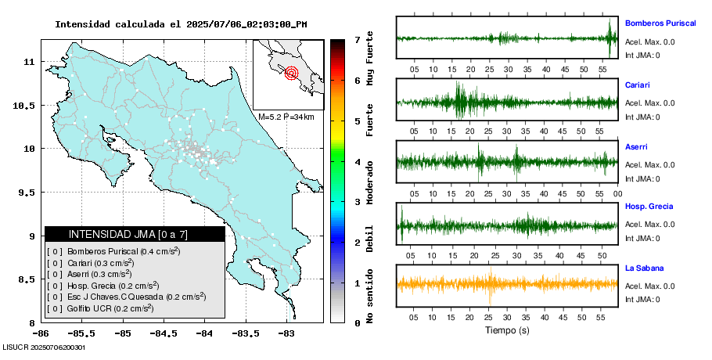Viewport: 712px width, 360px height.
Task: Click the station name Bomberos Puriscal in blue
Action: [x=660, y=23]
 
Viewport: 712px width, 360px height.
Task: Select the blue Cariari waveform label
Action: [x=638, y=85]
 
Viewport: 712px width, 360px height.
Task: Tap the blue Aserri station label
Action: [x=636, y=146]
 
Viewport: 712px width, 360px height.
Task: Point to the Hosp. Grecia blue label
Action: [x=645, y=206]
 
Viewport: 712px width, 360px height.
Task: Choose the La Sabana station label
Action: [x=642, y=268]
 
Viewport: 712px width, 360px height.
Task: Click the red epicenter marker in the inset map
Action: [x=292, y=74]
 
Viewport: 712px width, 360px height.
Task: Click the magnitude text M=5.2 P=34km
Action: [x=286, y=117]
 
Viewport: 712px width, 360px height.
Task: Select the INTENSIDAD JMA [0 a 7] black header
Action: [x=135, y=234]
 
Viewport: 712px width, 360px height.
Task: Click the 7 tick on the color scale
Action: [x=357, y=39]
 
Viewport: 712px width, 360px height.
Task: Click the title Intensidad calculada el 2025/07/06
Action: [x=181, y=24]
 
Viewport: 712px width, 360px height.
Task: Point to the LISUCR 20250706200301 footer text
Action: [x=44, y=347]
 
